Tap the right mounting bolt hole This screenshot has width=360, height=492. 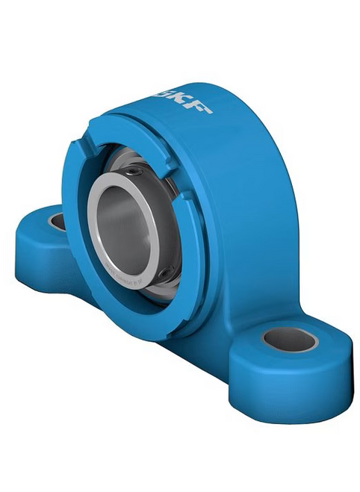pyautogui.click(x=290, y=339)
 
